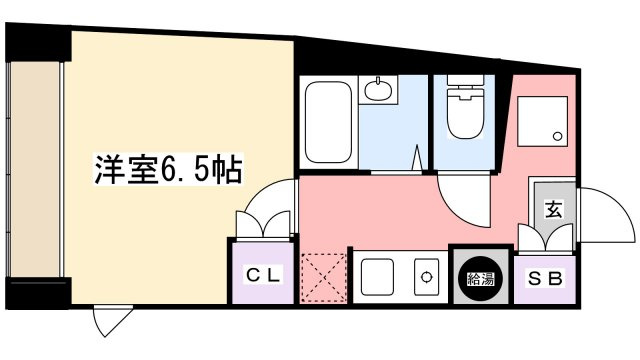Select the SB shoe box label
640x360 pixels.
[x=545, y=276]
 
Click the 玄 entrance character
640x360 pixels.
[x=552, y=209]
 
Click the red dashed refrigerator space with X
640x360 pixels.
[x=324, y=277]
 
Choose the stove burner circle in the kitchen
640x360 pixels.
[x=427, y=277]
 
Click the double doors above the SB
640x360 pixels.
[x=546, y=236]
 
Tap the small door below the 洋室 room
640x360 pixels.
[x=105, y=321]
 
